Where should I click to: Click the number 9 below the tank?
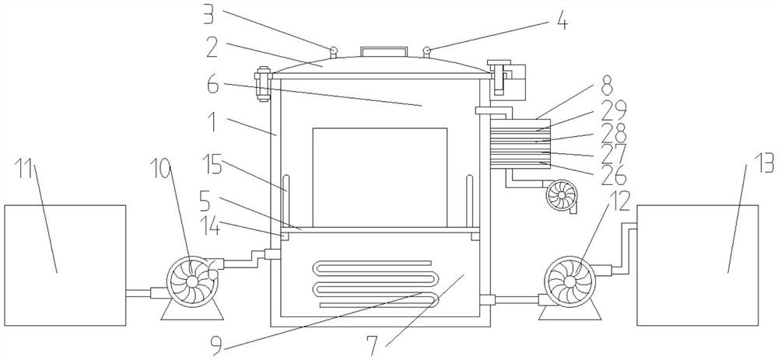[216, 346]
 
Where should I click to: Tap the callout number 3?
[209, 16]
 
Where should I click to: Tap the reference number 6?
[213, 84]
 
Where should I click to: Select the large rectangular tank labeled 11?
[65, 265]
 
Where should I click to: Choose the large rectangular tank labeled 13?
[697, 265]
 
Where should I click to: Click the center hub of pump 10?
[192, 281]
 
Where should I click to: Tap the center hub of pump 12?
[569, 281]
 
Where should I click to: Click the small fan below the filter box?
[562, 195]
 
